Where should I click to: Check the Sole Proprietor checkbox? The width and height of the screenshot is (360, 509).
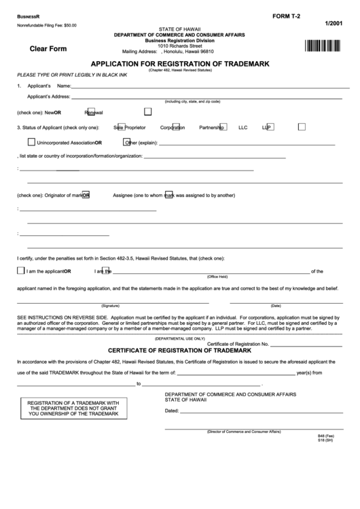coord(122,126)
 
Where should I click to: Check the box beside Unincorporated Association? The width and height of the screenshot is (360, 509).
coord(31,142)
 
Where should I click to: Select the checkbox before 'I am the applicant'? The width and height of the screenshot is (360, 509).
coord(20,270)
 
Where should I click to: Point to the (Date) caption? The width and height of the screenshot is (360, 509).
coord(276,306)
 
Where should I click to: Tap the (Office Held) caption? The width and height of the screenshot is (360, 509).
coord(217,277)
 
